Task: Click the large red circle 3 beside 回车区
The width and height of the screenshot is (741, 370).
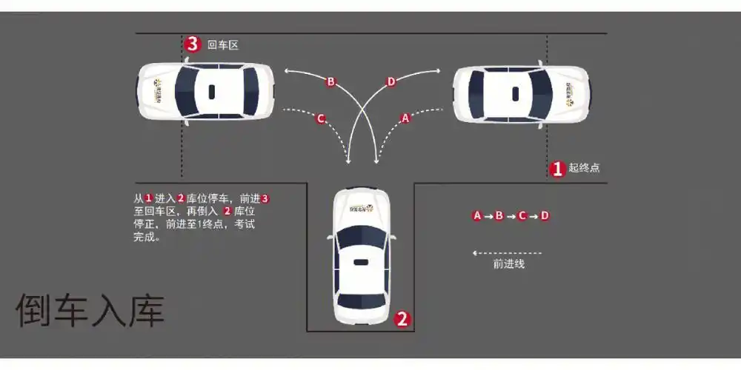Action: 193,44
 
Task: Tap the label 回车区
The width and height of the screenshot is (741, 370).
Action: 223,45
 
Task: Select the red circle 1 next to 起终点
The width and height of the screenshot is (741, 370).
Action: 557,168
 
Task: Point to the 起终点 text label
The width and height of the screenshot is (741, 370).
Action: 584,168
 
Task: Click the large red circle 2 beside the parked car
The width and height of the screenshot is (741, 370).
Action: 402,319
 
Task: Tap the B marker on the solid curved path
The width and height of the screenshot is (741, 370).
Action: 330,82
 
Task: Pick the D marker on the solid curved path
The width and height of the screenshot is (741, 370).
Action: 391,82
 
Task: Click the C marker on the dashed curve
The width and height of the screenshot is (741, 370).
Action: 321,118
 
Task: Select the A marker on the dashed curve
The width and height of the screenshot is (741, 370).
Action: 405,118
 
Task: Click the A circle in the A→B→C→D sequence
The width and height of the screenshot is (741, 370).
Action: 478,216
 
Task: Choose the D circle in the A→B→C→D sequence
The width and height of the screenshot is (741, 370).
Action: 545,216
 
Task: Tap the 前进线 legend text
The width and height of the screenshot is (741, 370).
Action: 509,263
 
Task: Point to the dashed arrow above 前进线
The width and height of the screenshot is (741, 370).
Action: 507,253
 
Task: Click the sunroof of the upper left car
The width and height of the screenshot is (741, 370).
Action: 211,92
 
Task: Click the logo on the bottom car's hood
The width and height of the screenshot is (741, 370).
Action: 361,208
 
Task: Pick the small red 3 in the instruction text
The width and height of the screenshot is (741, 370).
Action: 265,198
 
